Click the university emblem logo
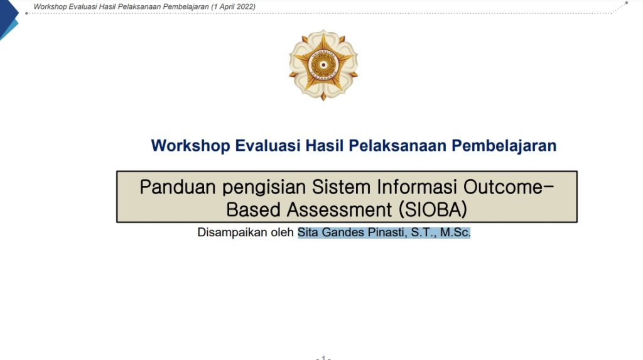tap(323, 65)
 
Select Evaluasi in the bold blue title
tap(267, 146)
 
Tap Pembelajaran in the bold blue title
tap(504, 146)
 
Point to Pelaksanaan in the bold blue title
tap(397, 146)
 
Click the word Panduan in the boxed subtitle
tap(178, 187)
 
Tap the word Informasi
tap(417, 187)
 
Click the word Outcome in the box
tap(504, 187)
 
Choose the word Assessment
tap(339, 210)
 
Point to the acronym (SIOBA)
tap(433, 210)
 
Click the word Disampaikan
tap(232, 232)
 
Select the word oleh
tap(282, 232)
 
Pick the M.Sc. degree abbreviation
tap(455, 232)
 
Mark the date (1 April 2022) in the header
tap(234, 7)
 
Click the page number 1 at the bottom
tap(323, 357)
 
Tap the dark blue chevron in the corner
tap(9, 15)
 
